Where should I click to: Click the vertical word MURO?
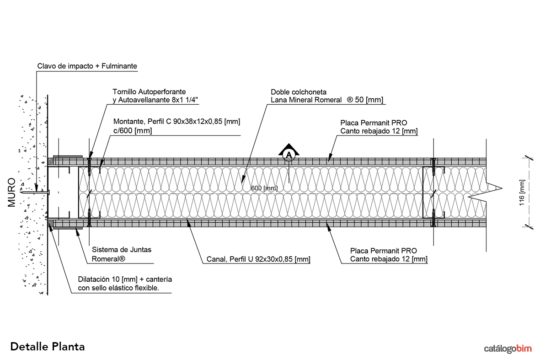click(x=12, y=193)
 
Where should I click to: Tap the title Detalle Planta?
click(x=48, y=346)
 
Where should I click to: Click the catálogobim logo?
click(x=508, y=349)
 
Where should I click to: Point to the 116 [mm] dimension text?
click(x=521, y=193)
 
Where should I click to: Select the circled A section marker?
click(x=289, y=155)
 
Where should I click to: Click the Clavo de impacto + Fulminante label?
click(x=87, y=66)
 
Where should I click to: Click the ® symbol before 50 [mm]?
click(x=350, y=100)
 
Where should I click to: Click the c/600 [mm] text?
click(x=132, y=131)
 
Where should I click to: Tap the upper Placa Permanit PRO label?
click(x=374, y=123)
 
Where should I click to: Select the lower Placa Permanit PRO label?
click(x=383, y=251)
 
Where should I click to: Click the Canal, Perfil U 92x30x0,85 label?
click(x=256, y=259)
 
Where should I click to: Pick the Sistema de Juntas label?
click(x=122, y=250)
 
